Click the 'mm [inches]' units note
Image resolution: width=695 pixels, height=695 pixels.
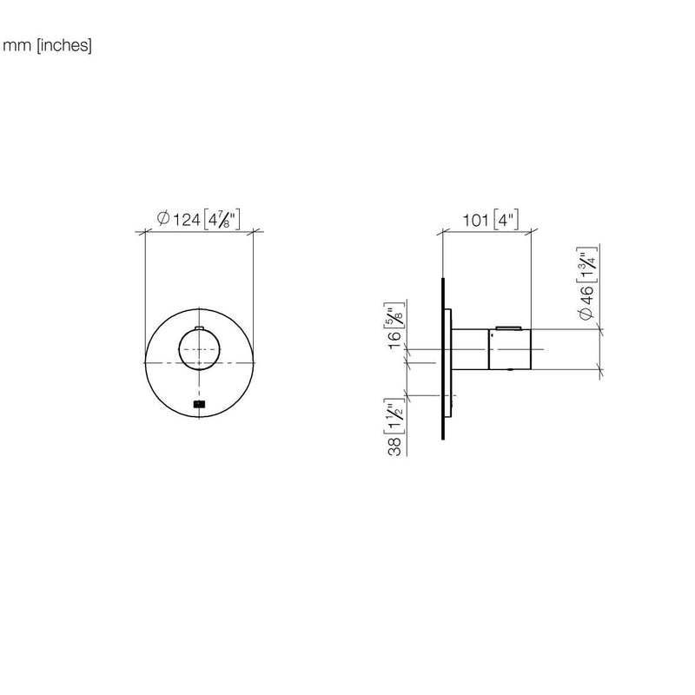[48, 46]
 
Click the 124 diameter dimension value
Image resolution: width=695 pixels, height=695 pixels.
[186, 220]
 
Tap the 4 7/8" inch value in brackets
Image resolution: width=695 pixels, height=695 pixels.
[222, 219]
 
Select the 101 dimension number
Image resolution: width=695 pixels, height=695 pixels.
[475, 221]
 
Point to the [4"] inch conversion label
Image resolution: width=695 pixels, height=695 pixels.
[506, 220]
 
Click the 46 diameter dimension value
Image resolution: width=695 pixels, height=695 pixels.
[586, 295]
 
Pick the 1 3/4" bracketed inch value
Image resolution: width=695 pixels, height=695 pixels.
[586, 265]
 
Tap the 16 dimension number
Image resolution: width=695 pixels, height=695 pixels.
[394, 340]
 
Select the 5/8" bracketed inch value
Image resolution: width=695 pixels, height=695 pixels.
[394, 315]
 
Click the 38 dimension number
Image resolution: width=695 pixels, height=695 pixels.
[394, 447]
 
